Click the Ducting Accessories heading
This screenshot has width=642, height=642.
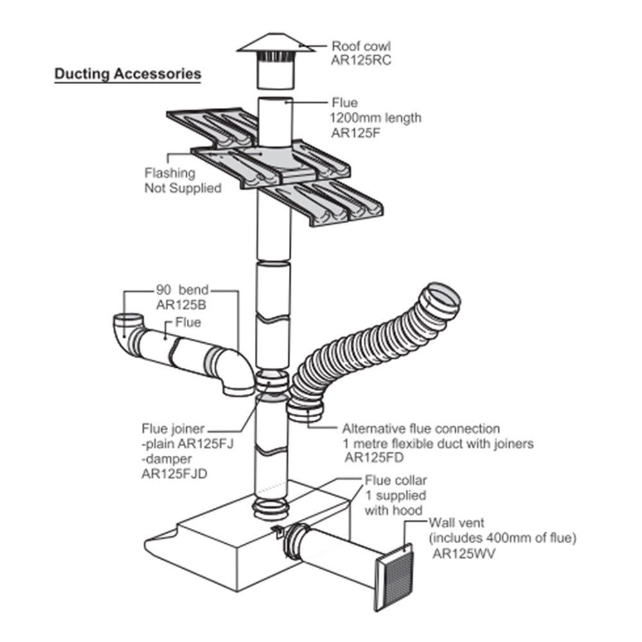pyautogui.click(x=127, y=74)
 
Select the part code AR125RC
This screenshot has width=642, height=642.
pyautogui.click(x=361, y=61)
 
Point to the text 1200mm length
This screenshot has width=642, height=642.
pyautogui.click(x=376, y=117)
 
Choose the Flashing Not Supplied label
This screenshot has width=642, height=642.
pyautogui.click(x=182, y=180)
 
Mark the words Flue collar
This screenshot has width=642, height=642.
pyautogui.click(x=395, y=480)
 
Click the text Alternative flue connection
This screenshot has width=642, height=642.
pyautogui.click(x=421, y=428)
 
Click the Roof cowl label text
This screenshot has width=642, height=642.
pyautogui.click(x=361, y=46)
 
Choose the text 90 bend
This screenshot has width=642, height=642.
pyautogui.click(x=182, y=289)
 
